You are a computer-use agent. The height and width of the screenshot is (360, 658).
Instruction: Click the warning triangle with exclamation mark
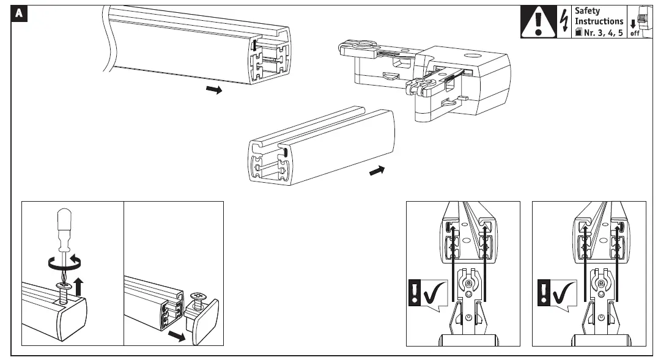tap(538, 23)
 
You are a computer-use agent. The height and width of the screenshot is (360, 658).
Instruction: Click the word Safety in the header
tap(588, 11)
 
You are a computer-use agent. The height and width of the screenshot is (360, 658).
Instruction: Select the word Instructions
tap(599, 21)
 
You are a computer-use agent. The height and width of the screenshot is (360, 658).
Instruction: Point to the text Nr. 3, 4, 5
tap(602, 32)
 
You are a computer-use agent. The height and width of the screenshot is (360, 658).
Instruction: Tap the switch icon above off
tap(641, 18)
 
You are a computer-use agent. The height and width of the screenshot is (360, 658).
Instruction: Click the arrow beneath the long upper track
tap(213, 90)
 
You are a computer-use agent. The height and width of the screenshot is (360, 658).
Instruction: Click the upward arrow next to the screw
tap(79, 285)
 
